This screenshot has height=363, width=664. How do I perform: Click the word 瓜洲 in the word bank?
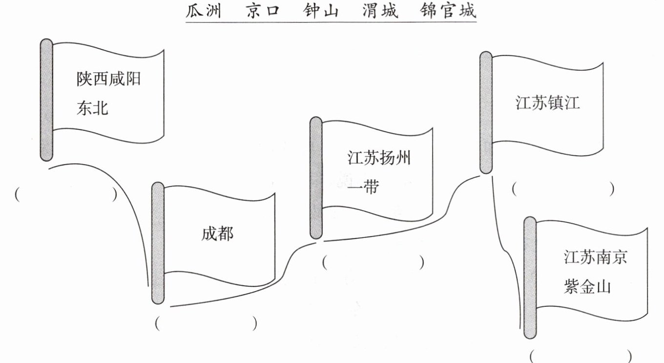click(203, 11)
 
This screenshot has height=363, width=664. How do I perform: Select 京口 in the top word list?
click(263, 11)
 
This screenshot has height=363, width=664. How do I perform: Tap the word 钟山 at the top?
click(321, 11)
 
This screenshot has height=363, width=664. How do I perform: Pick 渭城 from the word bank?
click(380, 11)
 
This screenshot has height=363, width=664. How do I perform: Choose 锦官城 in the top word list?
click(448, 11)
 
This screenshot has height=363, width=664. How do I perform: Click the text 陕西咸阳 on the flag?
click(108, 79)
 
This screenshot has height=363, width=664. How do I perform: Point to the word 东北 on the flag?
click(92, 108)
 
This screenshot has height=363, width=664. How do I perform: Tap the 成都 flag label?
click(218, 234)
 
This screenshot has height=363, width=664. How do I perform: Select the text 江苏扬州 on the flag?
click(379, 158)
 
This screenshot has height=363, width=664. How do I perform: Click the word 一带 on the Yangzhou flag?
click(363, 187)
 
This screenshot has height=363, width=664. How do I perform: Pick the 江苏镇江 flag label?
click(547, 103)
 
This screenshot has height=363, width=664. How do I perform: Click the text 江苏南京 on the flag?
click(596, 257)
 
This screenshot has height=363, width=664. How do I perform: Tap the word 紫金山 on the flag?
click(587, 286)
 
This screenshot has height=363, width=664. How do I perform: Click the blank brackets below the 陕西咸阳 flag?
click(66, 194)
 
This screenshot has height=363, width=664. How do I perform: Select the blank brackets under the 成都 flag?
click(206, 323)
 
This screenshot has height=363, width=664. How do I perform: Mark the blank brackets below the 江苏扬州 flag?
click(373, 262)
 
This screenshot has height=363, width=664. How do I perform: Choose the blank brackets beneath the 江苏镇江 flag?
click(563, 189)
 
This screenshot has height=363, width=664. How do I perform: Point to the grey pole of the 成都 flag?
click(158, 243)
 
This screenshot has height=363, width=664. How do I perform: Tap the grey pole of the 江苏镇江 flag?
click(486, 112)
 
